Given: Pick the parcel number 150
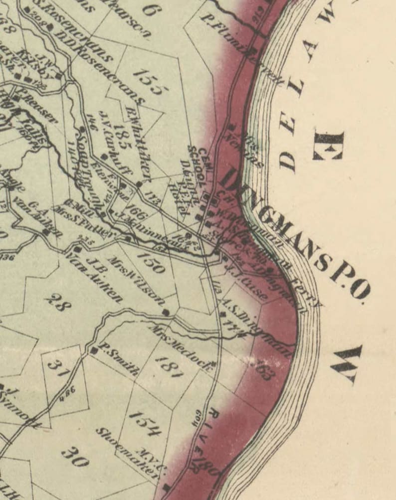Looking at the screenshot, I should [151, 262].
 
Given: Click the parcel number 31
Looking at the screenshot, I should [58, 368].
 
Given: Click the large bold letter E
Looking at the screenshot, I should [328, 145].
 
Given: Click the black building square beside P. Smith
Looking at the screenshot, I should [93, 350].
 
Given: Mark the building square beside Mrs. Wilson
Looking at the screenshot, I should [166, 313].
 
